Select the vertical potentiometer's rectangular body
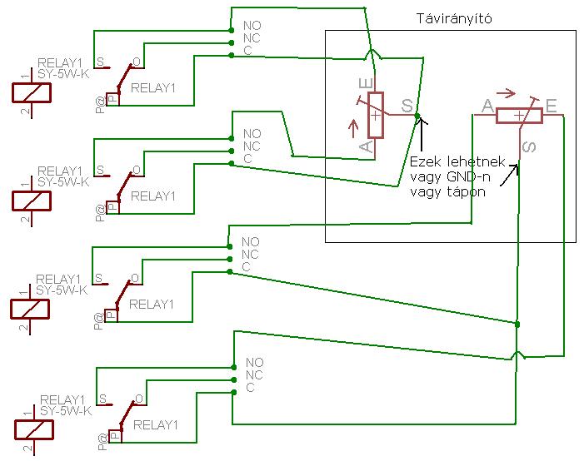pos(376,115)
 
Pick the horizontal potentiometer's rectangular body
pos(519,116)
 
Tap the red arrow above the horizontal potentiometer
pos(506,93)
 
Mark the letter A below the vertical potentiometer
pos(365,146)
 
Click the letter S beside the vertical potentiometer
pos(407,106)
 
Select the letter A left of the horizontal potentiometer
pos(487,106)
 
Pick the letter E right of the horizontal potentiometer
pos(551,106)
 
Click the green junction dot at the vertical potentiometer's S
pos(417,116)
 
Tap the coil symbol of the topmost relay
pos(32,92)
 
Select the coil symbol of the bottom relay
pos(33,429)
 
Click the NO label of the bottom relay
pos(254,363)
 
